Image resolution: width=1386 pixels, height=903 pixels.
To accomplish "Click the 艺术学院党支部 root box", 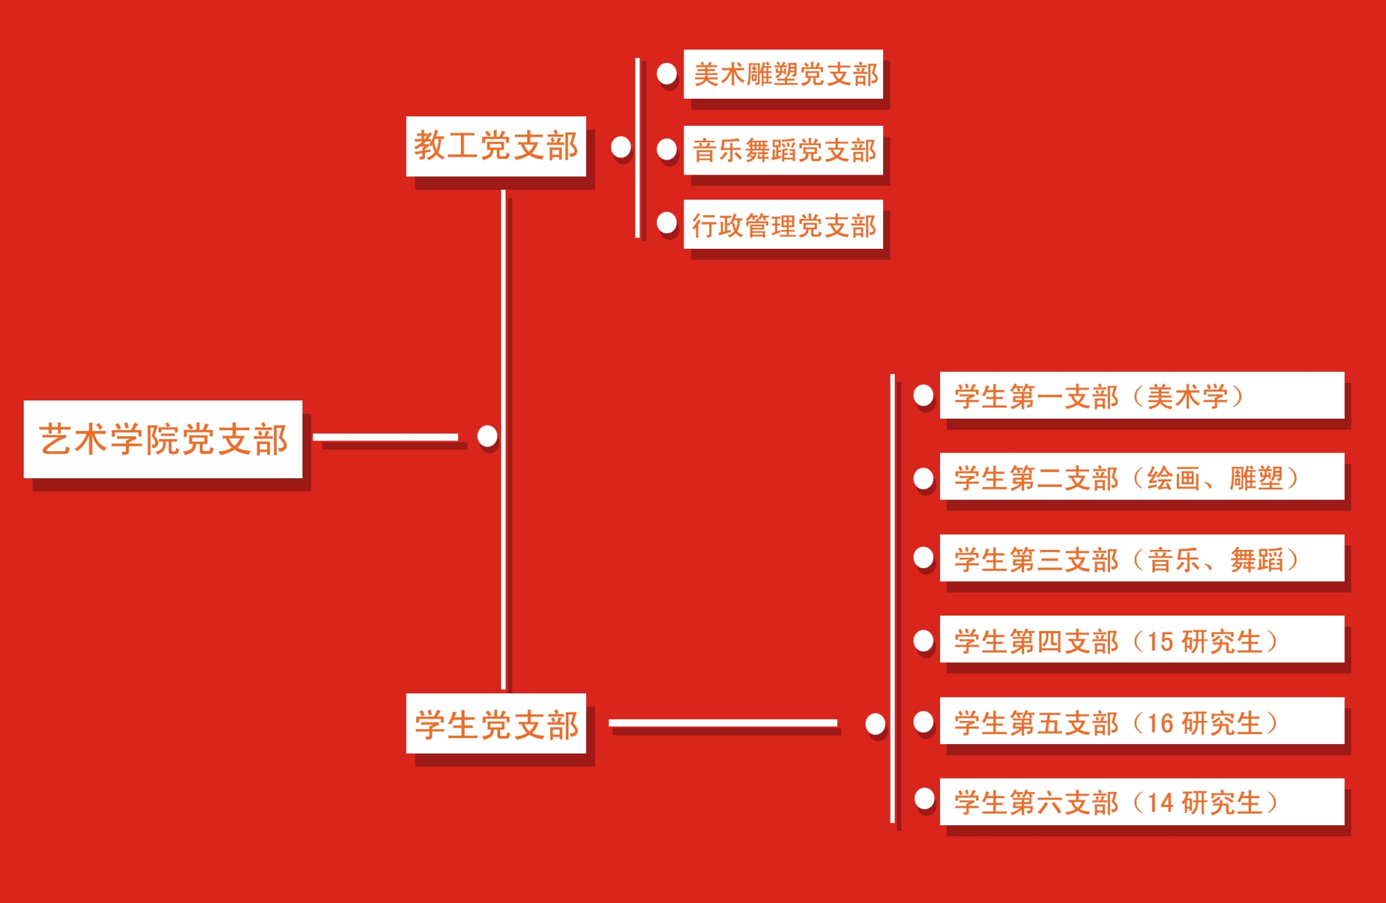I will point(163,440).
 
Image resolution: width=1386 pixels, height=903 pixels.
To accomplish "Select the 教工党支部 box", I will point(496,146).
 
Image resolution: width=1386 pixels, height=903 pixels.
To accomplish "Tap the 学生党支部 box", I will point(496,724).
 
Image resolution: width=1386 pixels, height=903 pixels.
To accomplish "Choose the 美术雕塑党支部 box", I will point(783,74).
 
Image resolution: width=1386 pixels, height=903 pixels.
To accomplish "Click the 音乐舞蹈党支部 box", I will point(783,150).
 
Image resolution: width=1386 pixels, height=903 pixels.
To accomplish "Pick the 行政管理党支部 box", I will point(783,225).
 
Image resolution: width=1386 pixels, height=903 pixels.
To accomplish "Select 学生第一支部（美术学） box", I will point(1142,396).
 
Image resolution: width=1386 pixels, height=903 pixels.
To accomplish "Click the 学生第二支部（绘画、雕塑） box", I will point(1142,478).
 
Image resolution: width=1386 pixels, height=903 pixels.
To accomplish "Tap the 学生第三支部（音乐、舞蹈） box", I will point(1142,559).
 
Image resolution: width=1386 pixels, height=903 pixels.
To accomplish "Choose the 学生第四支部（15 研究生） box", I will point(1142,640).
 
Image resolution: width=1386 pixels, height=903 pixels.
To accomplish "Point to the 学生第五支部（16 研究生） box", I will point(1142,722).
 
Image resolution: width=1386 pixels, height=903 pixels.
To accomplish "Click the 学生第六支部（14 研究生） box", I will point(1142,802).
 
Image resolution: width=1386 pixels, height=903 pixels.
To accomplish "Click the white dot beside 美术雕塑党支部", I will point(667,74).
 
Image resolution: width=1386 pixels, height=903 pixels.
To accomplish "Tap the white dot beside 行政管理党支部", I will point(667,223).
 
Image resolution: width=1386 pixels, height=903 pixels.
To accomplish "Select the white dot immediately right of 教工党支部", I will point(621,147).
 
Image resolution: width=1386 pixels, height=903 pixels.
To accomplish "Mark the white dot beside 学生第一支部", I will point(923,396).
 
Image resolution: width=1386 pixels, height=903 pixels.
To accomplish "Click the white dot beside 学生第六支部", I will point(924,799).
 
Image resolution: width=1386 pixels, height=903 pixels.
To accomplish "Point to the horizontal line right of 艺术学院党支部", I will point(385,437).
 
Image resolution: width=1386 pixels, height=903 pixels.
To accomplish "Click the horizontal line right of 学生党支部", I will point(723,723).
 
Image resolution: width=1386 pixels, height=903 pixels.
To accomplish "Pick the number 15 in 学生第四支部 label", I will point(1160,641).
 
